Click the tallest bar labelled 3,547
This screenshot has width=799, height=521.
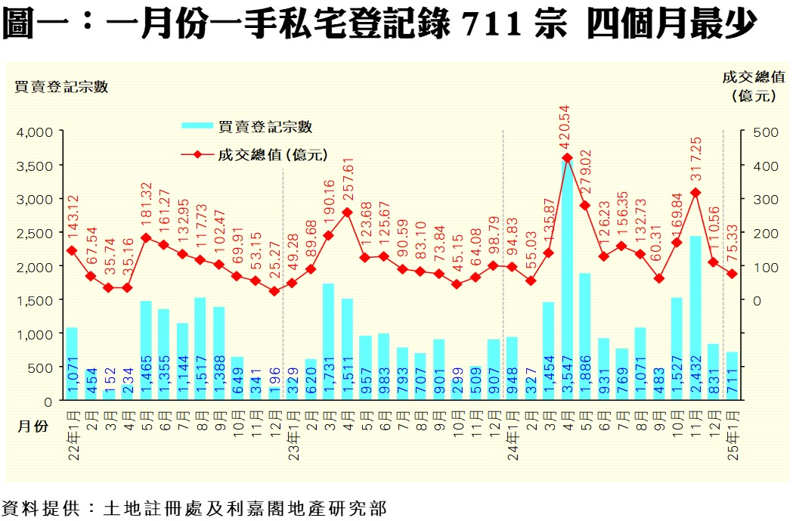pyautogui.click(x=566, y=280)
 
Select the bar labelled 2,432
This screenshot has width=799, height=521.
pyautogui.click(x=695, y=318)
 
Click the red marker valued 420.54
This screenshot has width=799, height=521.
pyautogui.click(x=566, y=158)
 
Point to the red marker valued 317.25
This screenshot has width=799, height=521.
pyautogui.click(x=695, y=193)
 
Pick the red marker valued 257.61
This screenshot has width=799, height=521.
pyautogui.click(x=347, y=212)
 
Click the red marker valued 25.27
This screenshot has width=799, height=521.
pyautogui.click(x=274, y=291)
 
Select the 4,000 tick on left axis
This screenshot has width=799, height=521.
pyautogui.click(x=36, y=132)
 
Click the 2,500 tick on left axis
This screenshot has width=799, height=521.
pyautogui.click(x=36, y=233)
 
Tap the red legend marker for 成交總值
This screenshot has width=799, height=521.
pyautogui.click(x=197, y=154)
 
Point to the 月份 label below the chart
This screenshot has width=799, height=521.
pyautogui.click(x=33, y=426)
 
